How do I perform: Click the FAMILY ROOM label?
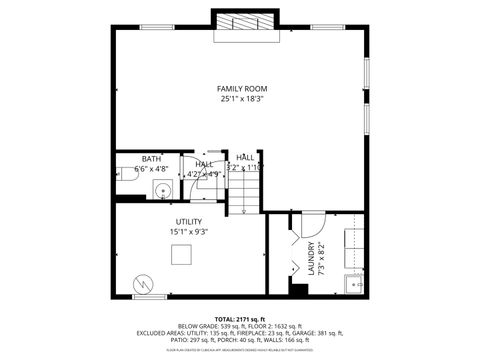(x=241, y=89)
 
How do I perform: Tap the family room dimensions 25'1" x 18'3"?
(x=241, y=99)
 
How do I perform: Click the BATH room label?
(x=151, y=159)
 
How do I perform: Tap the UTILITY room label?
(x=188, y=222)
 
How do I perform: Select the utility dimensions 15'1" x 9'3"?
(x=188, y=232)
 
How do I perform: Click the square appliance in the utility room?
(x=180, y=255)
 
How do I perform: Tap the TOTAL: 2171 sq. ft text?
(x=240, y=318)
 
